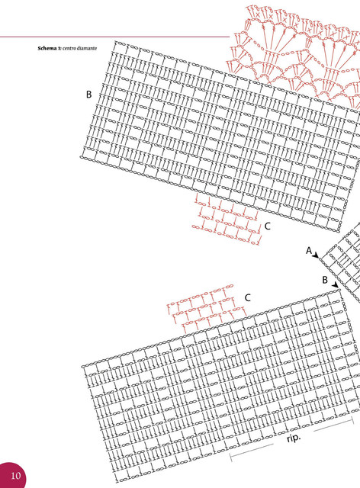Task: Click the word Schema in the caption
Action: tap(47, 48)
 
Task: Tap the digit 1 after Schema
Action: tap(59, 48)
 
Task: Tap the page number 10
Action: tap(15, 476)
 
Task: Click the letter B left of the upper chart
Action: tap(88, 95)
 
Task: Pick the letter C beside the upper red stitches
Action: tap(268, 226)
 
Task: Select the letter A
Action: tap(309, 250)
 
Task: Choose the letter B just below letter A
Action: tap(325, 280)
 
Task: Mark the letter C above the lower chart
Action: tap(248, 298)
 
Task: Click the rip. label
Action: tap(294, 438)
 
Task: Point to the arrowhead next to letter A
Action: tap(316, 255)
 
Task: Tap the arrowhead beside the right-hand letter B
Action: tap(335, 284)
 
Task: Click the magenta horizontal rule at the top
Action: tap(114, 37)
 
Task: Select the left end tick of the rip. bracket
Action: tap(230, 457)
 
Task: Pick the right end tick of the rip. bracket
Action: tap(353, 420)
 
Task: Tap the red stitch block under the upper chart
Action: tap(227, 219)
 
